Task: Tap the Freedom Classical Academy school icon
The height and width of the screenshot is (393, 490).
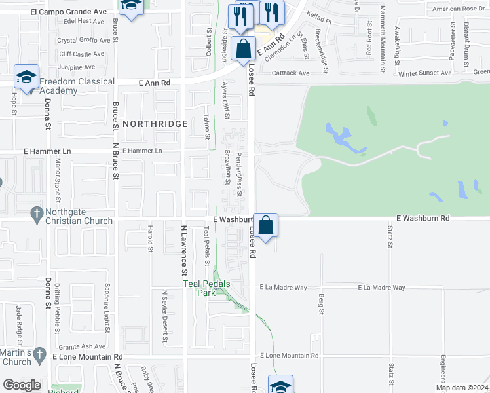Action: [x=27, y=77]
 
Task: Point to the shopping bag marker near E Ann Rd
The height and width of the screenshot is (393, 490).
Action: [x=243, y=48]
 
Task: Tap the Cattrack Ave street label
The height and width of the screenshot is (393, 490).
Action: [x=290, y=73]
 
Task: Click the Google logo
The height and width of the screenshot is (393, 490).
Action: [x=22, y=385]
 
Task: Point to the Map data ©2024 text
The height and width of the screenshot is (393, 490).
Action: [x=461, y=388]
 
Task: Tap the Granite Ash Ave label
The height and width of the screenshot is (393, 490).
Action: [x=81, y=346]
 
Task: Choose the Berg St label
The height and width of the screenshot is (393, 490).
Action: [x=321, y=303]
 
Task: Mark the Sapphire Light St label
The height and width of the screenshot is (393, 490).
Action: [x=105, y=306]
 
